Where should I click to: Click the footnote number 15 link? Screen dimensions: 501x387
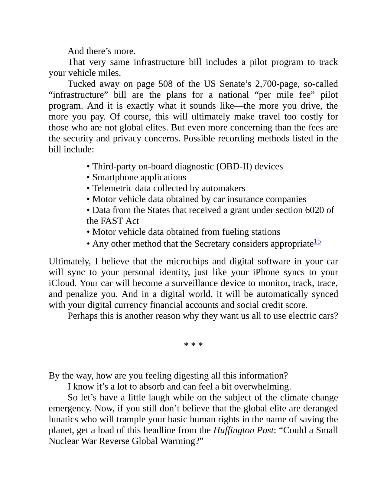[x=317, y=241]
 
